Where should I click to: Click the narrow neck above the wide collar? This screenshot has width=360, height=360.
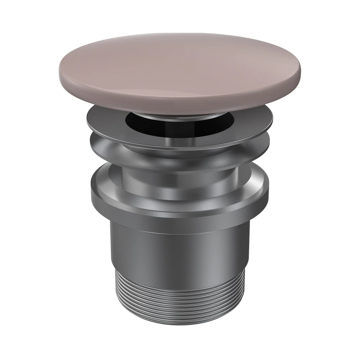point(180,180)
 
